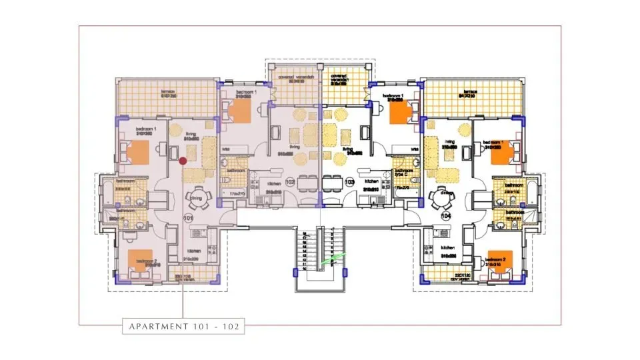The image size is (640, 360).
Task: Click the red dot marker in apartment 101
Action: pos(183,160)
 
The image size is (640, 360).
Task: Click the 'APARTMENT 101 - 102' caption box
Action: pos(183,326)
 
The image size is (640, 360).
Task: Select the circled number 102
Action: pos(290,181)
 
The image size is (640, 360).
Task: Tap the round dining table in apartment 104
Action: pos(442,198)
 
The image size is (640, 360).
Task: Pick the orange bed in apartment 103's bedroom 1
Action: pos(399,113)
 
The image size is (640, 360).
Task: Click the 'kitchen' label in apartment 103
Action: pos(371,181)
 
